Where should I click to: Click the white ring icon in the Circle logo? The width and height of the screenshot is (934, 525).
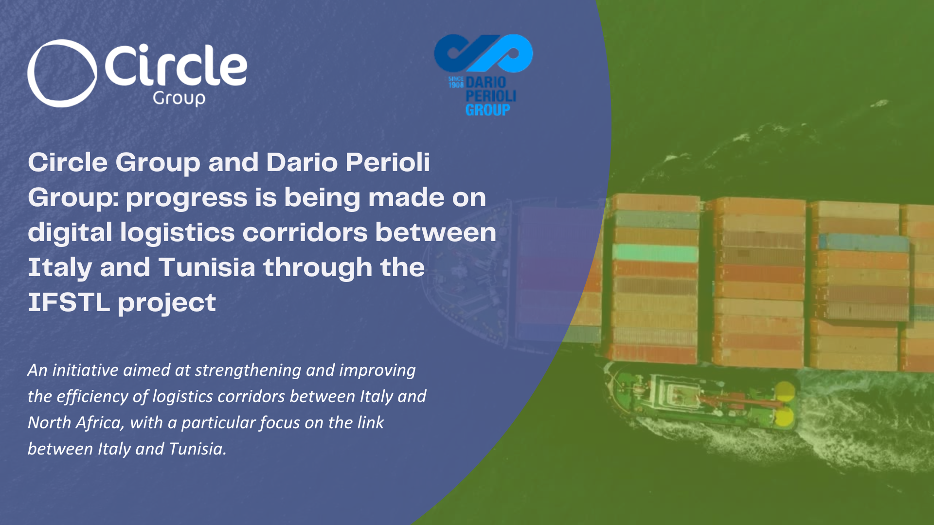point(62,73)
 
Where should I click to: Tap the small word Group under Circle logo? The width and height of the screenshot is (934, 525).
point(179,98)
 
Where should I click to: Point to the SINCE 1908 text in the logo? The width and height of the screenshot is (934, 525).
point(456,82)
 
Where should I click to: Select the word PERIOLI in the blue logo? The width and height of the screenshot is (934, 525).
point(490,96)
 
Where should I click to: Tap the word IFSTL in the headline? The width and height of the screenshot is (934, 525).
point(69,302)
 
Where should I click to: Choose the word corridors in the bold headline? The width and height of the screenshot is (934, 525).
point(305,232)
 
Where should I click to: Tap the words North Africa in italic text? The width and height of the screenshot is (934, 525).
point(74,423)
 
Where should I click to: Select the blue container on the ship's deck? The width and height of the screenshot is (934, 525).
point(863,242)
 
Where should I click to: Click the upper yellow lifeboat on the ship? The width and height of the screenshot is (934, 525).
point(784,391)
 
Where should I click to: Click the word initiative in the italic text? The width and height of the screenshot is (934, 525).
point(85,370)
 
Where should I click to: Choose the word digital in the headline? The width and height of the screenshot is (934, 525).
point(70,232)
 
